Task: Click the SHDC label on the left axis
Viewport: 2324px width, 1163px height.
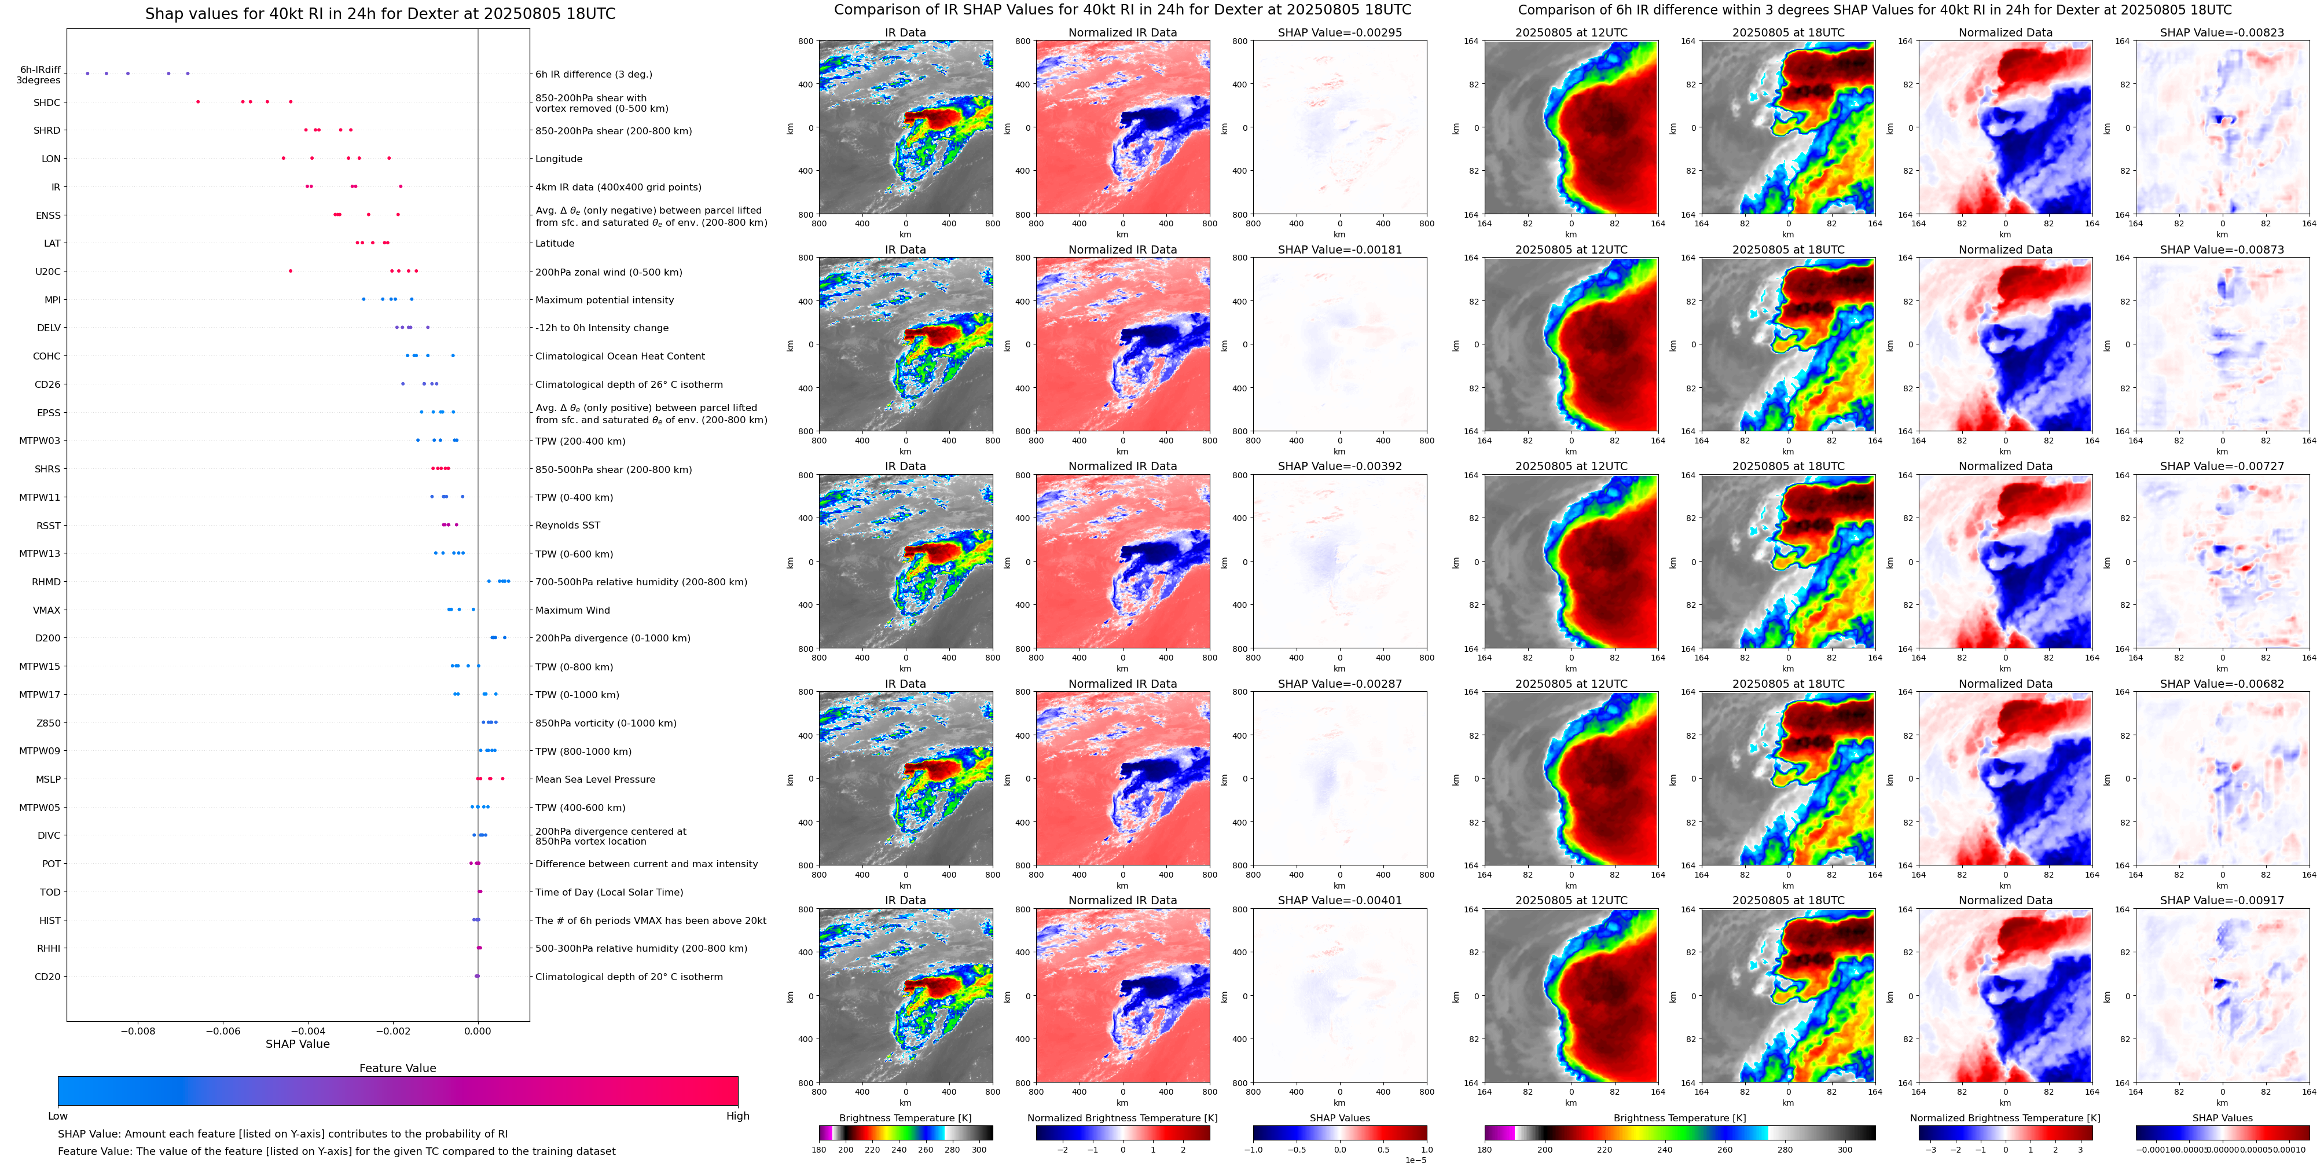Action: click(47, 103)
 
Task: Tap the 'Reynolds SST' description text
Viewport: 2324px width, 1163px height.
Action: click(567, 525)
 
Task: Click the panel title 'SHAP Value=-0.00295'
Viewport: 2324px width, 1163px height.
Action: click(1340, 32)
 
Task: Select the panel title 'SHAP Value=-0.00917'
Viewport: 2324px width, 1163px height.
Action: click(2222, 900)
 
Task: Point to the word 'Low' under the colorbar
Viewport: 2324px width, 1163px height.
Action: click(58, 1116)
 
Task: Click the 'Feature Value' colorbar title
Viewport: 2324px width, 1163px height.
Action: click(398, 1068)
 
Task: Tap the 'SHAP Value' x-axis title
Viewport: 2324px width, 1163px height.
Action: click(298, 1044)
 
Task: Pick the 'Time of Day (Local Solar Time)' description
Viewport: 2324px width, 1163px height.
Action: click(609, 892)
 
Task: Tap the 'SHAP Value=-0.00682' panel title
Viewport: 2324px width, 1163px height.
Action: click(2222, 684)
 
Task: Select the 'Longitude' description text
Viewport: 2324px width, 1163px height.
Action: click(559, 159)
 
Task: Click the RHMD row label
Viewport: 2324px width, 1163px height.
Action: click(47, 582)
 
